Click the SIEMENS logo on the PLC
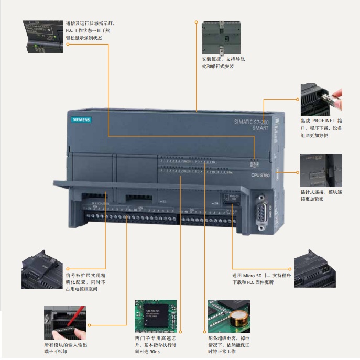pyautogui.click(x=81, y=120)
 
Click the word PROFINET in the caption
pyautogui.click(x=324, y=120)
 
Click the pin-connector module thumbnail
pyautogui.click(x=321, y=171)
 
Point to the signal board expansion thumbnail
pyautogui.click(x=42, y=272)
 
